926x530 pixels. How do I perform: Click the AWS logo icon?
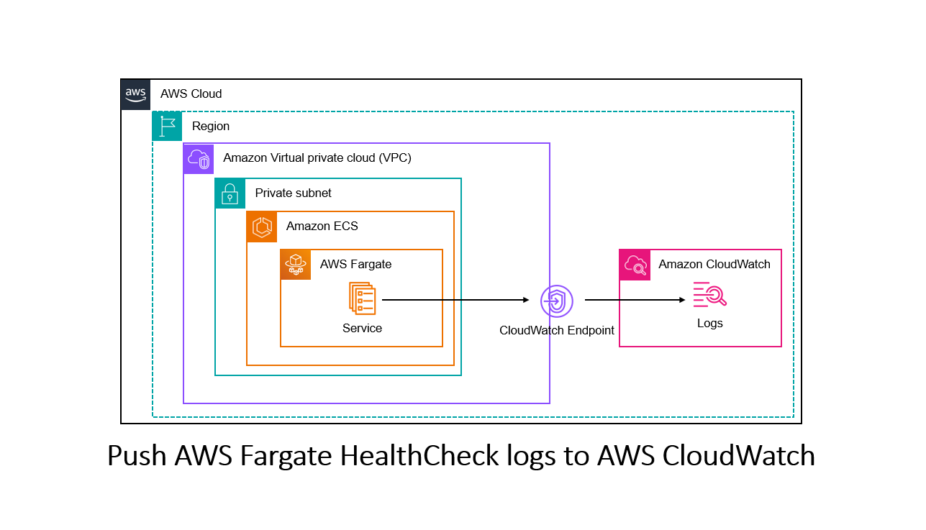point(135,94)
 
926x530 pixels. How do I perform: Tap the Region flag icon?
point(167,126)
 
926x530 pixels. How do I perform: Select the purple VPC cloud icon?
point(199,158)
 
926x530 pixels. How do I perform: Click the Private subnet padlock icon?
point(230,193)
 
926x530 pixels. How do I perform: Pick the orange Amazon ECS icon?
point(262,227)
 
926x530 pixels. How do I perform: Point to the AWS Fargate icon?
point(296,265)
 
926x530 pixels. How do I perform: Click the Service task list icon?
point(362,298)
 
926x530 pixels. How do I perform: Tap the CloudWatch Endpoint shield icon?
point(556,301)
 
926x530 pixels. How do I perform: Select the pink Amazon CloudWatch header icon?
point(635,265)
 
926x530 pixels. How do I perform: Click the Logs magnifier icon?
point(709,296)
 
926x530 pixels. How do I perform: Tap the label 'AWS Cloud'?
point(191,94)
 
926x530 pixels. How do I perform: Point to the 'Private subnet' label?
point(293,193)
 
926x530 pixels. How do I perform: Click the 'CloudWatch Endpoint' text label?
point(557,331)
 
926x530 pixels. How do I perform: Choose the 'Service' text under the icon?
point(362,329)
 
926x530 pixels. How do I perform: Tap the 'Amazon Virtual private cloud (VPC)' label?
point(317,158)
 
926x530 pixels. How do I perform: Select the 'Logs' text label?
point(709,324)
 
